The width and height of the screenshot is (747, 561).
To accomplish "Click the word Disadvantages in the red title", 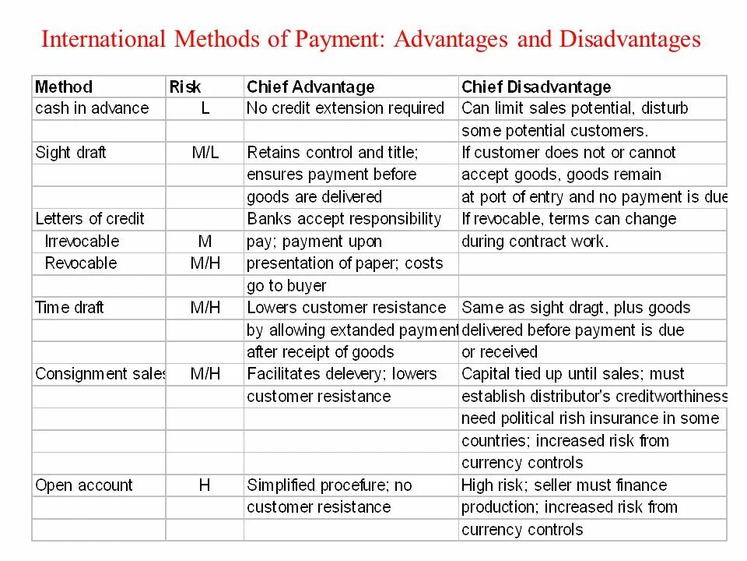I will click(630, 39).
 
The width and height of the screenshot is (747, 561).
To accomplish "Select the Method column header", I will click(64, 86).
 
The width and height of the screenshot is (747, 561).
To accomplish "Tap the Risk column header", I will click(185, 86).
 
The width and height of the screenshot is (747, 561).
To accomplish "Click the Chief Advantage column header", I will click(310, 86).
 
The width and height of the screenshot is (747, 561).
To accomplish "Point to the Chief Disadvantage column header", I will click(536, 86).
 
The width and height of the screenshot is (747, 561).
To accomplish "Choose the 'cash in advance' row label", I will click(92, 108).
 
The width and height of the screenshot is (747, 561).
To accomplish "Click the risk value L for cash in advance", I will click(205, 108).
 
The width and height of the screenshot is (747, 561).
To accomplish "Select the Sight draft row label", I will click(71, 153).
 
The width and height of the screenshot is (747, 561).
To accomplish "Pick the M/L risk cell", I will click(205, 153).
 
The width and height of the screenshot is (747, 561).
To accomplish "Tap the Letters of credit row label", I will click(90, 219).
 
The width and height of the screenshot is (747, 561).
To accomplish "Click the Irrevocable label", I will click(82, 241).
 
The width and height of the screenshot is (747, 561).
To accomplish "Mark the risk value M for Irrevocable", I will click(205, 241).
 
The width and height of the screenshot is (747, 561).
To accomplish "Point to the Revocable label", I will click(81, 263).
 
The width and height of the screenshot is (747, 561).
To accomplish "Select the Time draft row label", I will click(69, 308).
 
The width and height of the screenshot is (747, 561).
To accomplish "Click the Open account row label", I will click(84, 485).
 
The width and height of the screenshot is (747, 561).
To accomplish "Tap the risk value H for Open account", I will click(205, 485).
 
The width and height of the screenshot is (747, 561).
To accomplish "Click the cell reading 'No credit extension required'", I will click(345, 108).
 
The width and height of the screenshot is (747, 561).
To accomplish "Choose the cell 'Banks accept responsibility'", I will click(344, 219).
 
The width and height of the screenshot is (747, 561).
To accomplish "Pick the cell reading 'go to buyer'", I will click(286, 286).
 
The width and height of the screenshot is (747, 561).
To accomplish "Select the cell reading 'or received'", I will click(500, 352).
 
